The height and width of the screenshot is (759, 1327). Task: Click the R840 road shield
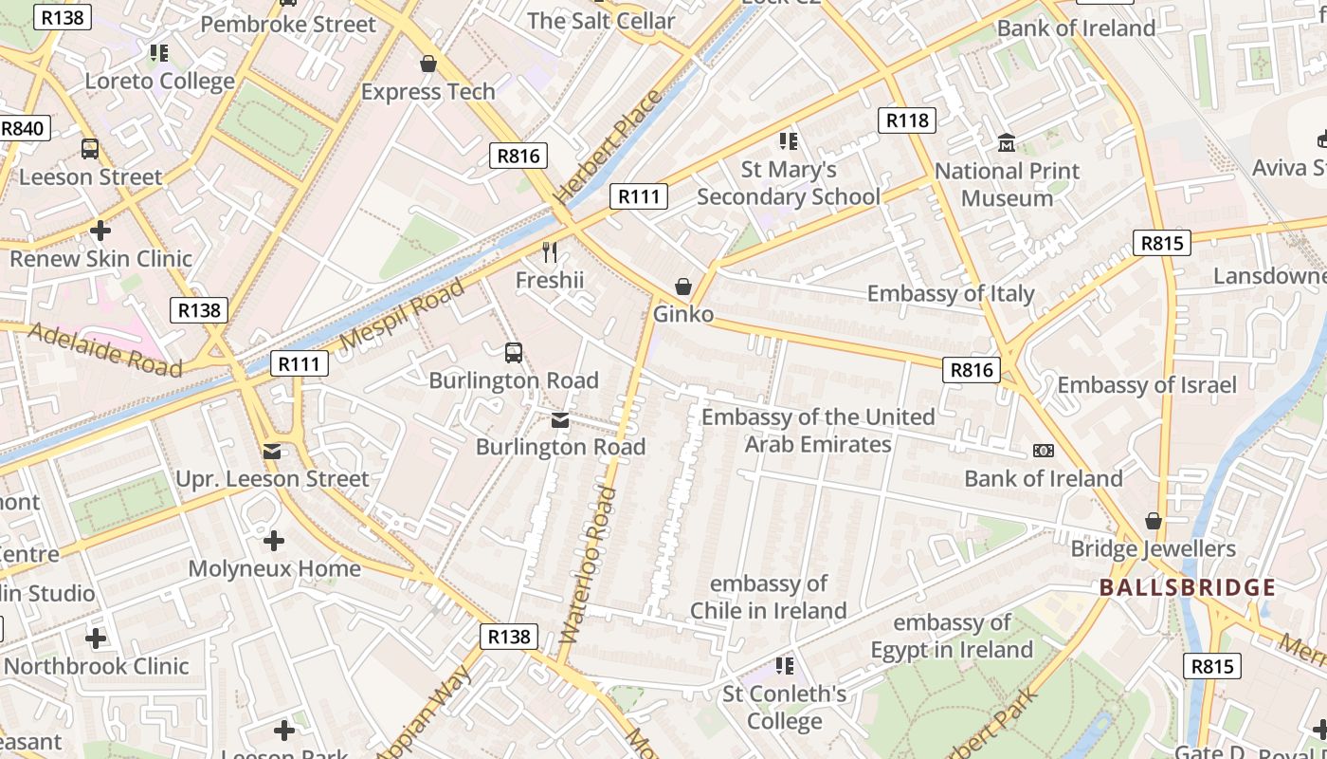point(22,128)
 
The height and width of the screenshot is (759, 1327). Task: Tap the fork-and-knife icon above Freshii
point(550,251)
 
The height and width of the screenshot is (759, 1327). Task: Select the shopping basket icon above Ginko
point(682,286)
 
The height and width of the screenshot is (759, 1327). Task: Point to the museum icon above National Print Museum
point(1007,143)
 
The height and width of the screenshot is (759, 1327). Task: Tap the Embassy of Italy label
point(951,293)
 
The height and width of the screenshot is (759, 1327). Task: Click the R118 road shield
point(907,120)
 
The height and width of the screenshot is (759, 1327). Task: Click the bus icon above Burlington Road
point(513,353)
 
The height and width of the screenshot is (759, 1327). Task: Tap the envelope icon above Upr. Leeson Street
point(273,452)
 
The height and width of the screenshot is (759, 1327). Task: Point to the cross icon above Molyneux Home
point(274,541)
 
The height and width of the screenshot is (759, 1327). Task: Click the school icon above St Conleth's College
point(784,666)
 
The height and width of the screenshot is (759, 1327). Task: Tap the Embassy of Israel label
point(1147,384)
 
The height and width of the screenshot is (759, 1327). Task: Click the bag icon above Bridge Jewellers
point(1154,521)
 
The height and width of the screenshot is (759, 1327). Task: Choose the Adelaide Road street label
point(104,348)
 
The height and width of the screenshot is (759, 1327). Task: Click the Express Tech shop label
point(428,92)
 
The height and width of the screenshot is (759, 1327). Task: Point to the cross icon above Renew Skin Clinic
point(100,231)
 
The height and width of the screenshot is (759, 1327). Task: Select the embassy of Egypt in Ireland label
point(952,637)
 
